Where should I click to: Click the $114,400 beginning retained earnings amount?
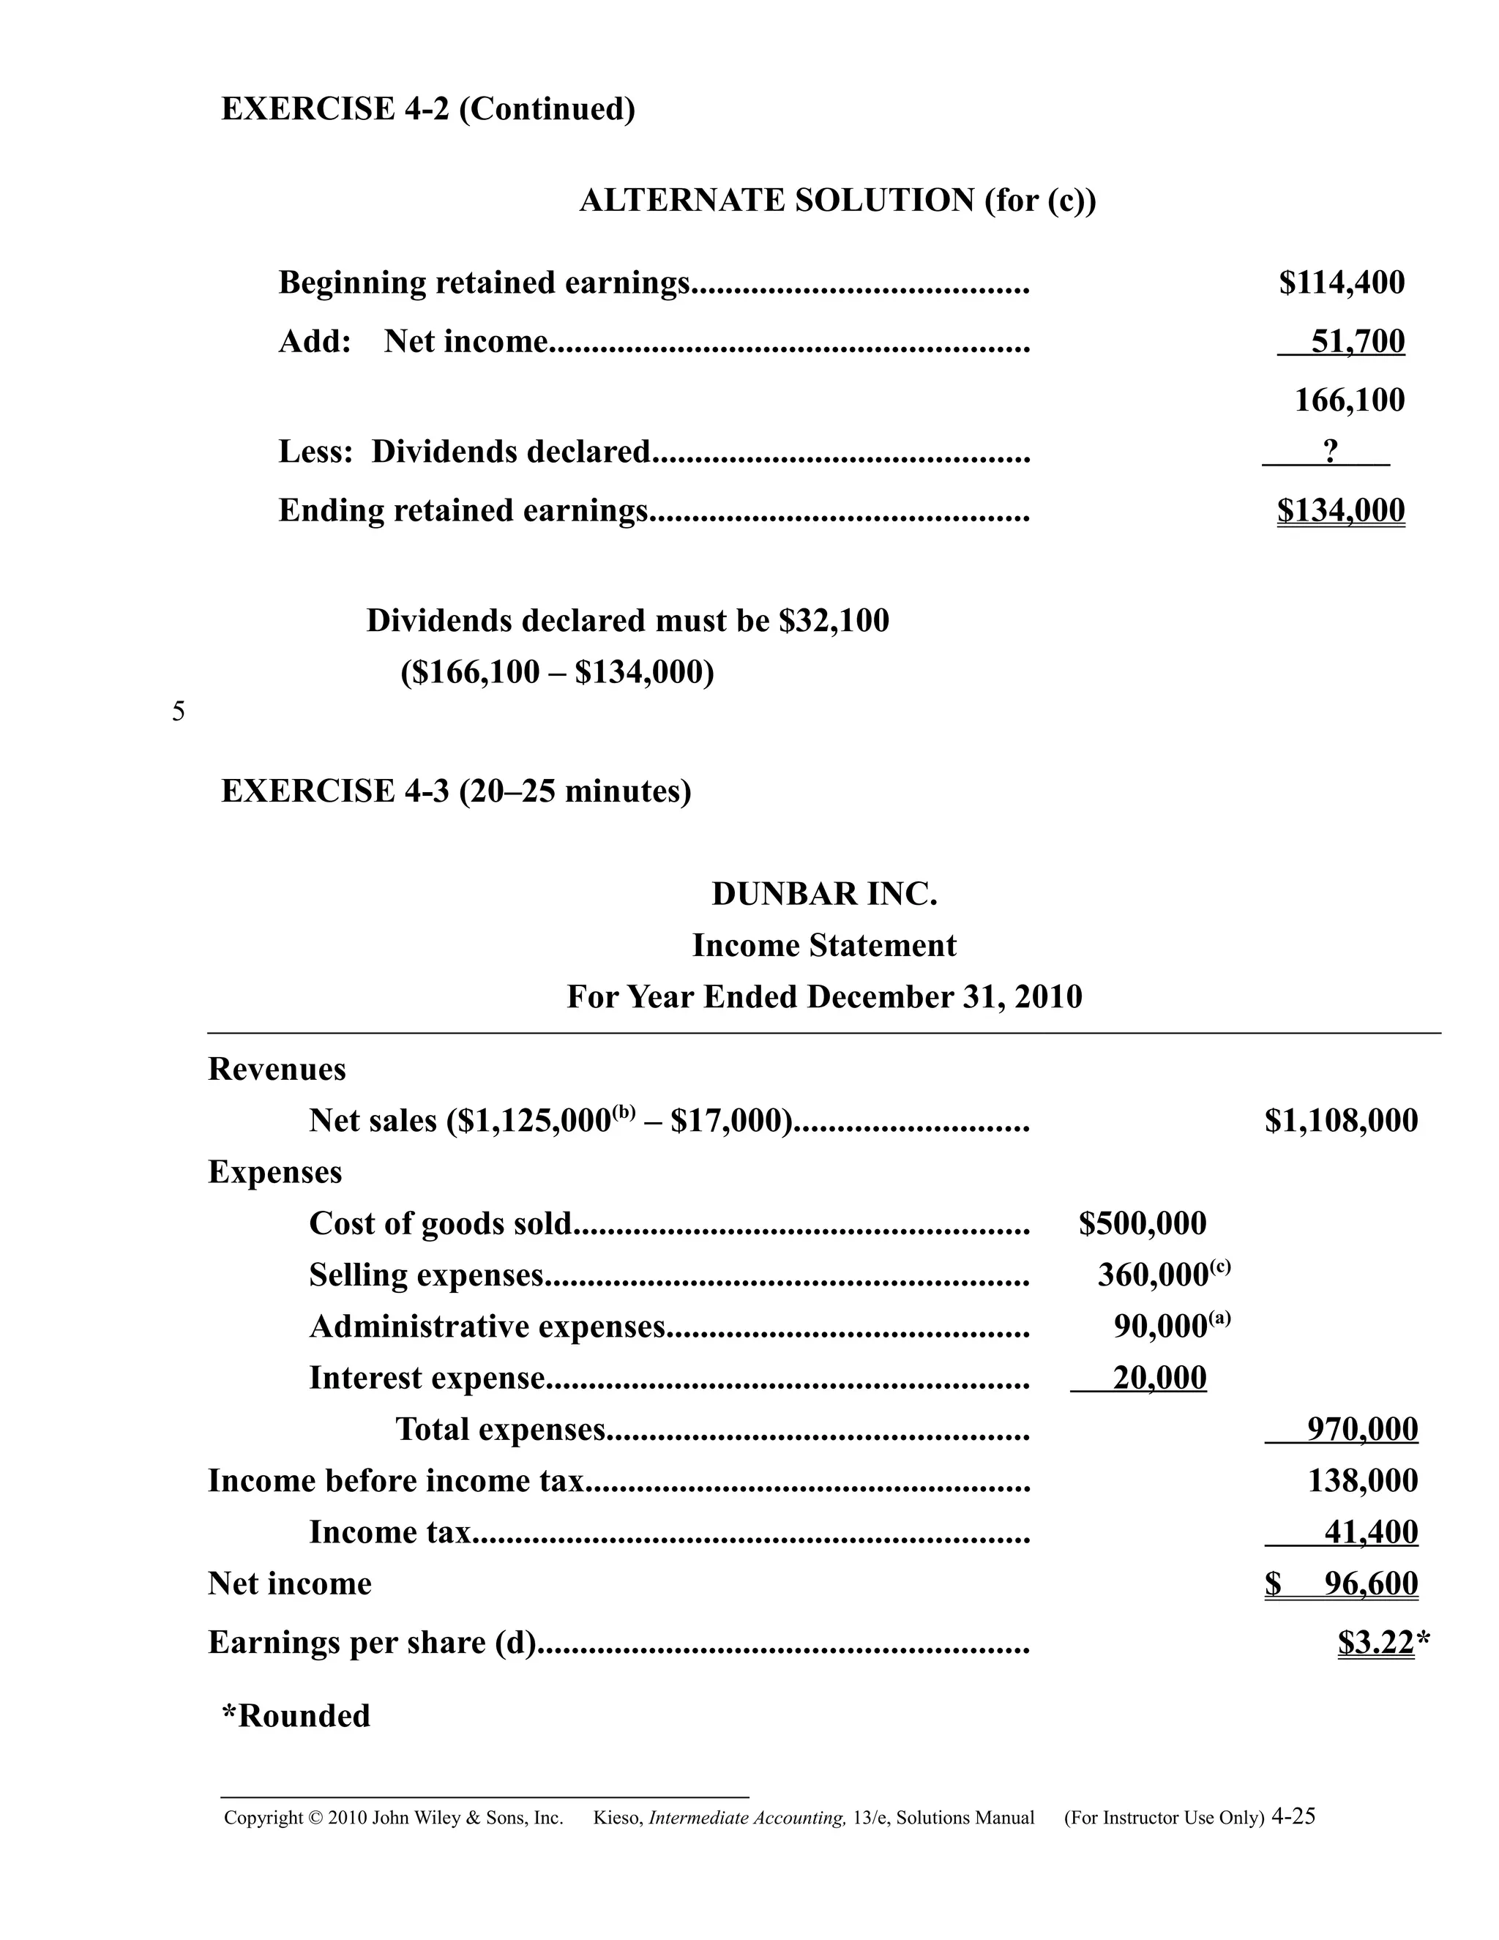[1341, 283]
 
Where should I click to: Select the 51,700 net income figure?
[1357, 341]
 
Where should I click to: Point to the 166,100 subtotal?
[1349, 400]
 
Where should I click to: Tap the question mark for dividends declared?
[1329, 451]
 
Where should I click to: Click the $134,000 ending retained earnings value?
[1341, 510]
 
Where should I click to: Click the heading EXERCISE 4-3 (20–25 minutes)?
[455, 791]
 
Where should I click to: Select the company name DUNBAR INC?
[824, 894]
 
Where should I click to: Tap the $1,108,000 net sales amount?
[1341, 1120]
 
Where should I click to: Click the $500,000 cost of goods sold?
[1142, 1223]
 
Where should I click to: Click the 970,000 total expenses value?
[1362, 1429]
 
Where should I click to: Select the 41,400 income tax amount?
[1370, 1532]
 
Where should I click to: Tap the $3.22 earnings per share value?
[1375, 1643]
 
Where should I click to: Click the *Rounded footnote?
[296, 1715]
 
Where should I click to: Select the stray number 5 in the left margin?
[179, 712]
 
